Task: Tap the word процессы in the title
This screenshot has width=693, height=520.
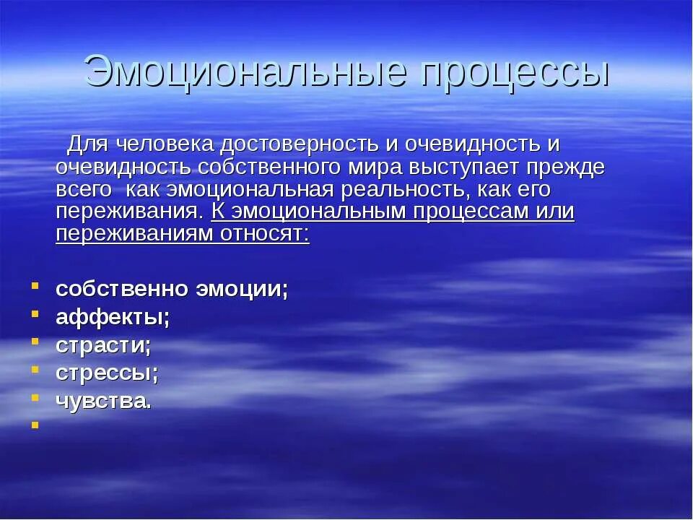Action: click(x=513, y=71)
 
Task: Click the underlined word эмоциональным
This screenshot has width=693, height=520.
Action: click(x=319, y=212)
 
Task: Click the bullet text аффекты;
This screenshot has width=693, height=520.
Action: click(x=113, y=317)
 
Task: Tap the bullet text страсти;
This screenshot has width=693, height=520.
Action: click(x=103, y=345)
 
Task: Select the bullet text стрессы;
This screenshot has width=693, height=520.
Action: click(x=107, y=373)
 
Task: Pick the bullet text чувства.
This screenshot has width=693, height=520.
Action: click(x=104, y=402)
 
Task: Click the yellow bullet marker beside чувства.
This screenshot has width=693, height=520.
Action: click(x=34, y=397)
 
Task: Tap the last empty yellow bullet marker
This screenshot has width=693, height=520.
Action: click(x=34, y=425)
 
